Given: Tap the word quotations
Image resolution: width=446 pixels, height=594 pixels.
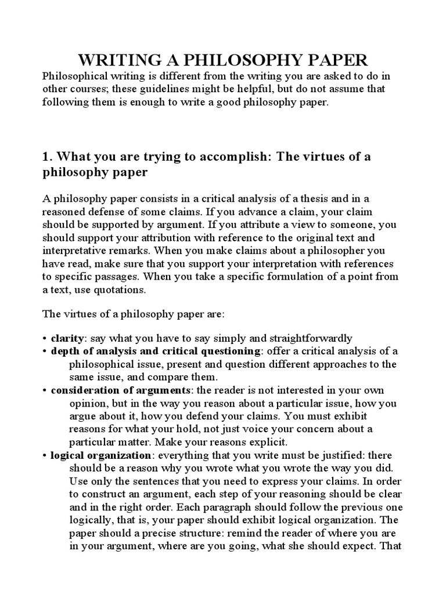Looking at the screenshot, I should (x=121, y=288).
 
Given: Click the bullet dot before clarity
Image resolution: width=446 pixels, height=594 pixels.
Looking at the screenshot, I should (x=45, y=339).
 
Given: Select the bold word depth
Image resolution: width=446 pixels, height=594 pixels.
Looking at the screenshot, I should (x=64, y=352).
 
